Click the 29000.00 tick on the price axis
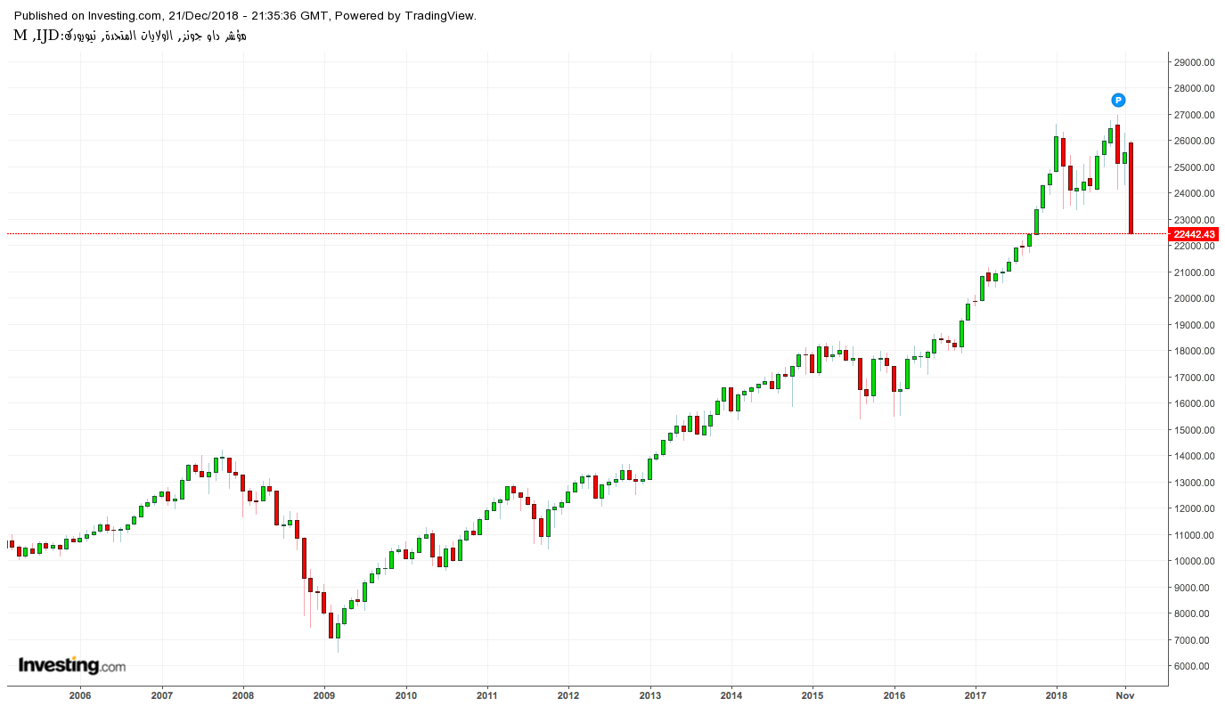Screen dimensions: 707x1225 tap(1195, 62)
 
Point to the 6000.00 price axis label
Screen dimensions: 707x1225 tap(1195, 666)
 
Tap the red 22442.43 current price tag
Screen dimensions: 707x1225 tap(1195, 234)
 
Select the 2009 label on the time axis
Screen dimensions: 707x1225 tap(324, 695)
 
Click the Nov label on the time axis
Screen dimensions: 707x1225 tap(1125, 695)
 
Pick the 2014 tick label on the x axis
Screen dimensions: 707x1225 tap(731, 695)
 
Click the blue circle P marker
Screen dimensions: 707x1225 tap(1118, 100)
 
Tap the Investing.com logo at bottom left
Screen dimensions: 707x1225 tap(72, 665)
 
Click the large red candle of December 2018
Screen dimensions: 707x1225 tap(1131, 188)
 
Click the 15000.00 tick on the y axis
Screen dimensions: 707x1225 tap(1195, 430)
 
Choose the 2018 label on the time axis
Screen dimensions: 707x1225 tap(1057, 695)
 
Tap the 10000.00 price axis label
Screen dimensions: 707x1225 tap(1195, 561)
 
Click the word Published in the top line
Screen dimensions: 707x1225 tap(41, 16)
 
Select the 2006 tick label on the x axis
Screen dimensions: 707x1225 tap(80, 695)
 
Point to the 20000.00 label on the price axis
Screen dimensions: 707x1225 tap(1195, 298)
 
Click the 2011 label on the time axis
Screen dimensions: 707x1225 tap(487, 695)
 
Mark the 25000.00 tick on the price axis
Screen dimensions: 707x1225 tap(1195, 167)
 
